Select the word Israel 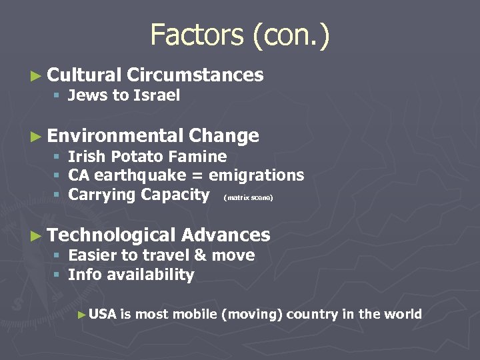click(157, 95)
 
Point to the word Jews click(87, 95)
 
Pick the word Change click(224, 136)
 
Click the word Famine click(201, 157)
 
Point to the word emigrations click(256, 176)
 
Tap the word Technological click(111, 235)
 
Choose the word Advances click(225, 235)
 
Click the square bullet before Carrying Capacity click(58, 195)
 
